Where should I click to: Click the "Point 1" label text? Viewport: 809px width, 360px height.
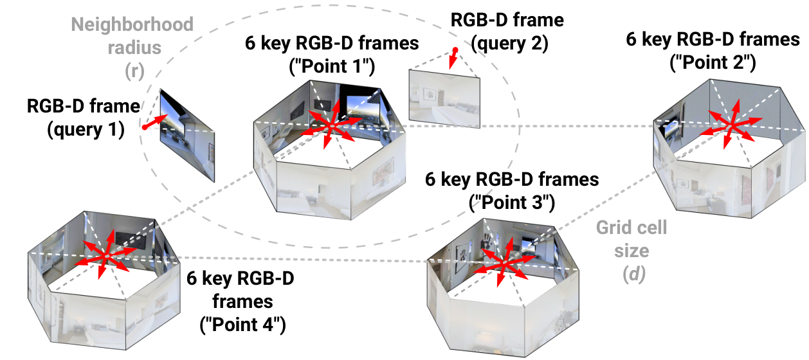[332, 66]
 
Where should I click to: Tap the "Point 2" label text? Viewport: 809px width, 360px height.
[713, 62]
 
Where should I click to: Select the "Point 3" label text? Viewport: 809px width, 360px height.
[512, 203]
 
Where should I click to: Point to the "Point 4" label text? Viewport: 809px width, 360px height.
[242, 324]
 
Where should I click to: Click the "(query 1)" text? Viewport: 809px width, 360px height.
[86, 130]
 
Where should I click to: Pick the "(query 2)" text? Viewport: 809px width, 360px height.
[509, 44]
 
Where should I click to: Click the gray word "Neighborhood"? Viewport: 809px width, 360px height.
[132, 24]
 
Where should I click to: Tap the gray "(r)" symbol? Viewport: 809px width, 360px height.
[134, 71]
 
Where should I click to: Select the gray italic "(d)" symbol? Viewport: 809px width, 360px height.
[634, 274]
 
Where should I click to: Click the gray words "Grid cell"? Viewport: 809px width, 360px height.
[632, 228]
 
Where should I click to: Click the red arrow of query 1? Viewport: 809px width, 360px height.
[156, 121]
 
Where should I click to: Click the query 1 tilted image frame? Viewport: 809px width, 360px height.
[187, 136]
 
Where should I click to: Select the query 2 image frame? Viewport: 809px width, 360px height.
[444, 98]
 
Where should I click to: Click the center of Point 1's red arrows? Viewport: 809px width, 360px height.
[332, 126]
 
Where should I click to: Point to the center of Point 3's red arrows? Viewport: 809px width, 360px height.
[505, 262]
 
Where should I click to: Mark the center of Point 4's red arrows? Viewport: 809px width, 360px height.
[106, 256]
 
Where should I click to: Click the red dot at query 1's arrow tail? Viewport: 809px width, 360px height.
[145, 127]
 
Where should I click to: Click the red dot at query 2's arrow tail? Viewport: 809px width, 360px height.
[456, 50]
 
